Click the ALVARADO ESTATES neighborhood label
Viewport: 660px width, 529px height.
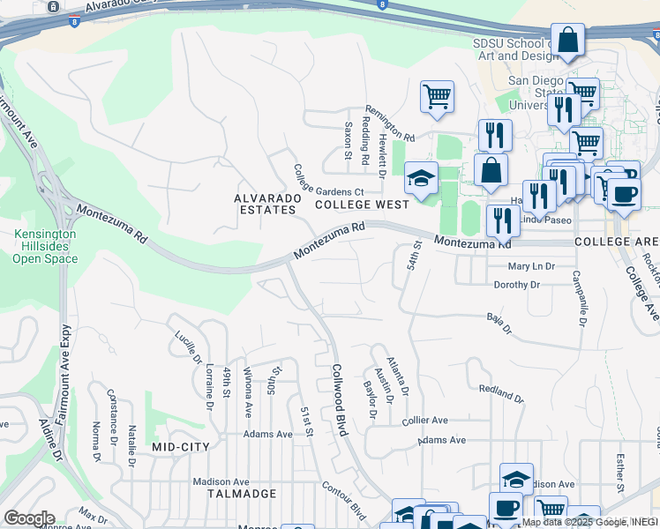coord(265,204)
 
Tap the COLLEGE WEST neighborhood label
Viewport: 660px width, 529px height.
coord(363,205)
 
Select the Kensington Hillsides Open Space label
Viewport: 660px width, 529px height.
coord(46,246)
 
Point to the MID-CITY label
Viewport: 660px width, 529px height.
coord(181,448)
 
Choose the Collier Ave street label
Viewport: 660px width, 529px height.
coord(425,421)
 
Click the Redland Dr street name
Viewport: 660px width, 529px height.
coord(501,393)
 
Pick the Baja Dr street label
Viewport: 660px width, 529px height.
coord(499,324)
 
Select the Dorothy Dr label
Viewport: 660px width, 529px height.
coord(516,285)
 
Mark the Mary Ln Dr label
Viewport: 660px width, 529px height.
coord(531,265)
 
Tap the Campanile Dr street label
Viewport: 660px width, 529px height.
coord(583,294)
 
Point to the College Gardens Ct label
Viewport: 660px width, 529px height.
coord(328,181)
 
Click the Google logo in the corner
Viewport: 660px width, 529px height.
coord(29,518)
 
